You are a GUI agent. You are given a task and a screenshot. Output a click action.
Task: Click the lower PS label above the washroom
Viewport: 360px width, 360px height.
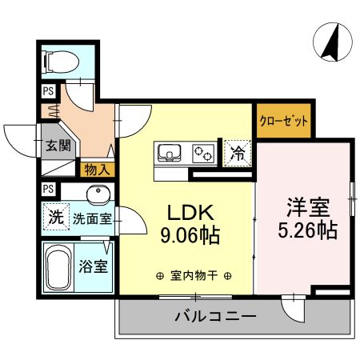click(47, 189)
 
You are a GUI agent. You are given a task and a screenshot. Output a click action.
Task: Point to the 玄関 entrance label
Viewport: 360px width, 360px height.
click(57, 146)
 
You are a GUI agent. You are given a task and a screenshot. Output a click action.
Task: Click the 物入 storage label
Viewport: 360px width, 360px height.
click(97, 170)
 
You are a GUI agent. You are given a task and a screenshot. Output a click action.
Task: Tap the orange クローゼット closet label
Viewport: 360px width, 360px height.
click(282, 122)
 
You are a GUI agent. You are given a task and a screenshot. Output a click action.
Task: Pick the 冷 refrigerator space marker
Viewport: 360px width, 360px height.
click(238, 150)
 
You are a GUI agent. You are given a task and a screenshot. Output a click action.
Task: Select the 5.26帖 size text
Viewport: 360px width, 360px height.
click(308, 230)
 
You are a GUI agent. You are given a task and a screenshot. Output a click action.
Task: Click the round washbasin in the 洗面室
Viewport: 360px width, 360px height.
click(99, 196)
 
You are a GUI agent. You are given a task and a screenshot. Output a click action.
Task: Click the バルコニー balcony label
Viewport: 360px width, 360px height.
click(215, 317)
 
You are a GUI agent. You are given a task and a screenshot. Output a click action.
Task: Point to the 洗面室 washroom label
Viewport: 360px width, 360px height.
click(91, 218)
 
